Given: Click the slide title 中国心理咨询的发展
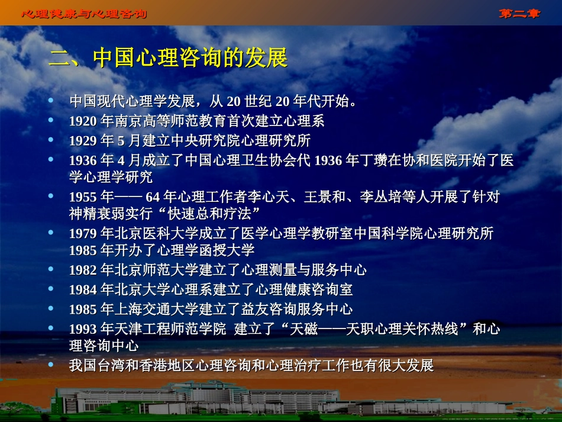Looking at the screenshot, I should [x=168, y=58].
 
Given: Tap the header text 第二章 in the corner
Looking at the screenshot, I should [x=519, y=13].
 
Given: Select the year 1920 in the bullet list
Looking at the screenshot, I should [x=82, y=121].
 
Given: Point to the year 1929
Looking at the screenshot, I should [x=82, y=141].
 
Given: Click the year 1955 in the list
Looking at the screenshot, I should [x=82, y=196].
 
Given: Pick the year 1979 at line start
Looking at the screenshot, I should [x=82, y=233].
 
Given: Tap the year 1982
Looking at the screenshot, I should [x=82, y=270].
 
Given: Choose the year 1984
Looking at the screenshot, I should [x=82, y=290].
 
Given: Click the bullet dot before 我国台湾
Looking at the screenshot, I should [x=51, y=364].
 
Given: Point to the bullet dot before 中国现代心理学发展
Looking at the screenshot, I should [x=51, y=101].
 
